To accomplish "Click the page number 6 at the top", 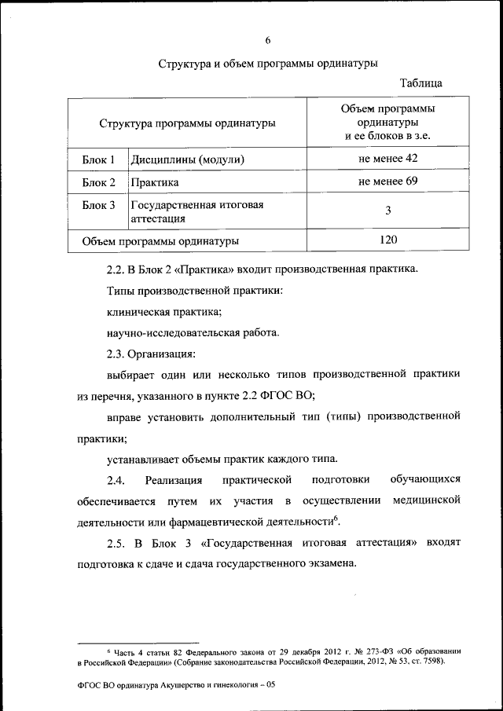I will [x=267, y=39].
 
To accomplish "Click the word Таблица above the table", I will [x=420, y=82].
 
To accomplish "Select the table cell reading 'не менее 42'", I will [x=387, y=159].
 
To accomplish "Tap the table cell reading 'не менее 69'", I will [x=387, y=182].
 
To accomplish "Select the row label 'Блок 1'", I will [x=99, y=159].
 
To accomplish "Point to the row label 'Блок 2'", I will [x=99, y=183].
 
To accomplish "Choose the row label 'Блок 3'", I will [x=99, y=205].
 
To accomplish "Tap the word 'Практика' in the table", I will [x=153, y=183].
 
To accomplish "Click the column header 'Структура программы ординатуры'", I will [x=187, y=123].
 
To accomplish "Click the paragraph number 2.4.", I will [x=116, y=479].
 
